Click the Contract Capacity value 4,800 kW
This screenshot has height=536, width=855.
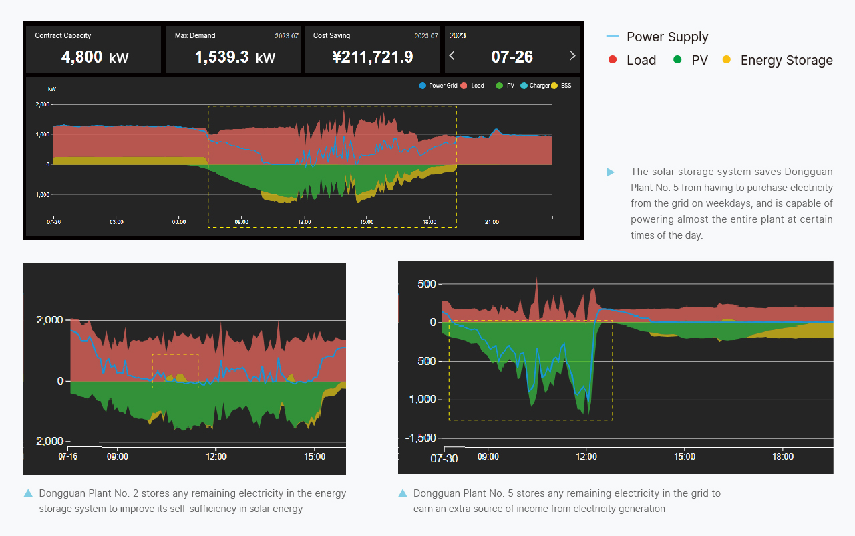click(94, 57)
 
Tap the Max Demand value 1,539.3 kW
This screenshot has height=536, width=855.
click(234, 57)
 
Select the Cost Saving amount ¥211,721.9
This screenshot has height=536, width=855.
click(372, 57)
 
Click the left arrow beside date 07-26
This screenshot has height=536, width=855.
click(452, 56)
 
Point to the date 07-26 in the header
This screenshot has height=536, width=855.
click(512, 57)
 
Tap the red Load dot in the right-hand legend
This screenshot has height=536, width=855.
click(613, 60)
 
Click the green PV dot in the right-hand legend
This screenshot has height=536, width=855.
click(677, 60)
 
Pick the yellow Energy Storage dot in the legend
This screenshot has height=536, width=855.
click(727, 60)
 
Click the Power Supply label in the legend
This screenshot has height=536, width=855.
click(667, 37)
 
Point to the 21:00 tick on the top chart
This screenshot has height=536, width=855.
click(492, 221)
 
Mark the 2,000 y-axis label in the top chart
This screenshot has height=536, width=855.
click(42, 105)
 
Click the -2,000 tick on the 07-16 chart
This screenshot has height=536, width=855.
click(48, 442)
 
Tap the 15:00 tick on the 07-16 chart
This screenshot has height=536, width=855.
click(315, 457)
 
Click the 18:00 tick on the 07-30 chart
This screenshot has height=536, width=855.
click(783, 457)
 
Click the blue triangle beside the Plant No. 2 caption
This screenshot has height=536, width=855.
click(28, 493)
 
